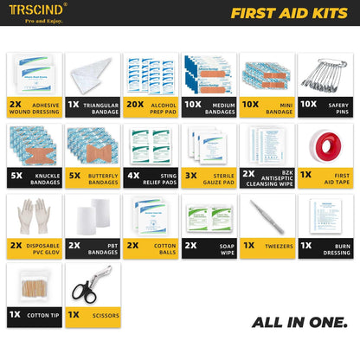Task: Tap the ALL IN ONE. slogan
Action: pyautogui.click(x=299, y=323)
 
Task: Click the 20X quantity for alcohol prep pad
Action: pyautogui.click(x=134, y=103)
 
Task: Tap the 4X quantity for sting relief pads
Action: pyautogui.click(x=134, y=174)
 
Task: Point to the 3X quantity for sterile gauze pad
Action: pyautogui.click(x=190, y=174)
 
